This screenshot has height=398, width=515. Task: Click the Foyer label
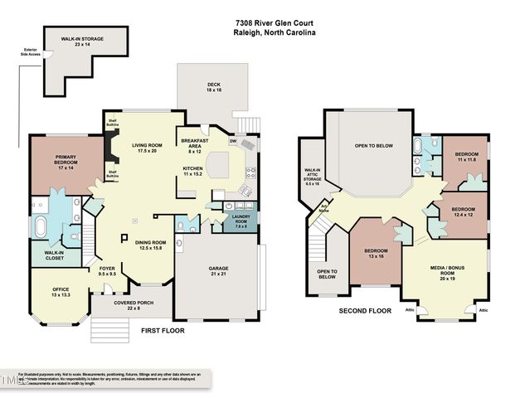coord(108,271)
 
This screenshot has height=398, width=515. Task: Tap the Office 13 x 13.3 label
coord(51,292)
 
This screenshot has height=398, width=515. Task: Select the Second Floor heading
coord(365,311)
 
